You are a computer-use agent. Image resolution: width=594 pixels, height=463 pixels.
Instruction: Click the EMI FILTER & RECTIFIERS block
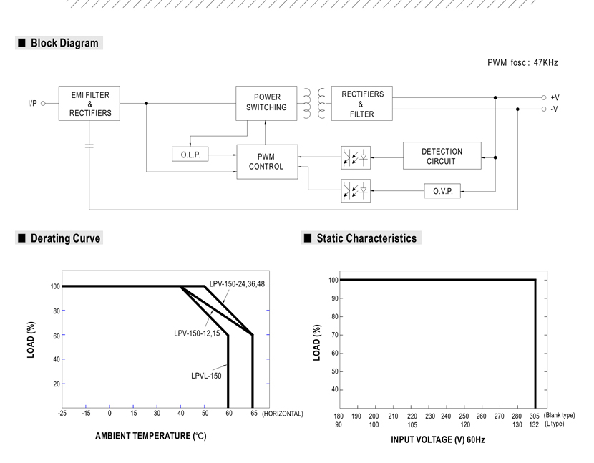point(89,104)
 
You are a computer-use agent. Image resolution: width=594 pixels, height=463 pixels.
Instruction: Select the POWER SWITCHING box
point(266,104)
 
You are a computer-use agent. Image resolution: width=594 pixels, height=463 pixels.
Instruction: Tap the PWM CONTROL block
point(267,162)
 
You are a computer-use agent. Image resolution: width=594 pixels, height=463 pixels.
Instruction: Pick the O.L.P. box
point(190,155)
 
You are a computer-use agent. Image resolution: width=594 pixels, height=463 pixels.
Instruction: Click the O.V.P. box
point(442,191)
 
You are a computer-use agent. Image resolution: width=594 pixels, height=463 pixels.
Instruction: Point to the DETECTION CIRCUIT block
point(442,156)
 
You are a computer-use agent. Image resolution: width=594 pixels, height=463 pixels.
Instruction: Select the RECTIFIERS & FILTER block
point(362,104)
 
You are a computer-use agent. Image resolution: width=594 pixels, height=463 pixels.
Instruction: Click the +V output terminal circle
point(544,98)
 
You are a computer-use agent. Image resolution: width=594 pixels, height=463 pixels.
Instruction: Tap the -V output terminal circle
point(544,109)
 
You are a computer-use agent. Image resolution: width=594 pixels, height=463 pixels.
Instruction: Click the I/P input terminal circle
point(43,104)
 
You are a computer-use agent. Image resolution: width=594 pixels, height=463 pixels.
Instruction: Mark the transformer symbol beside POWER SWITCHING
point(314,104)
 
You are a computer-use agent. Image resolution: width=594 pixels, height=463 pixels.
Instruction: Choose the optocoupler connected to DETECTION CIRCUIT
point(356,157)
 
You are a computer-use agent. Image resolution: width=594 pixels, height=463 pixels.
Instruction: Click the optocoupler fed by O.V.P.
point(356,190)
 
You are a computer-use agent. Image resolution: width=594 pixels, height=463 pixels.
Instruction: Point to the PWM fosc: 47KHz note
point(522,62)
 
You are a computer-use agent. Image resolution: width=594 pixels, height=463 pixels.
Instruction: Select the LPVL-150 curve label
point(206,376)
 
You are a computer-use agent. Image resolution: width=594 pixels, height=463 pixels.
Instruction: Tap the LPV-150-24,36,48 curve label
point(237,284)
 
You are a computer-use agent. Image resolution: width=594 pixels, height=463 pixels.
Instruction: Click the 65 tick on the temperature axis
point(254,414)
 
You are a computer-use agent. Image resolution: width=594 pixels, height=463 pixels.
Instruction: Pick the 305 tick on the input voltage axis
point(534,416)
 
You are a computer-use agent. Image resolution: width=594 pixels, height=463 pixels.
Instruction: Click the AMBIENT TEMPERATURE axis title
point(151,436)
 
